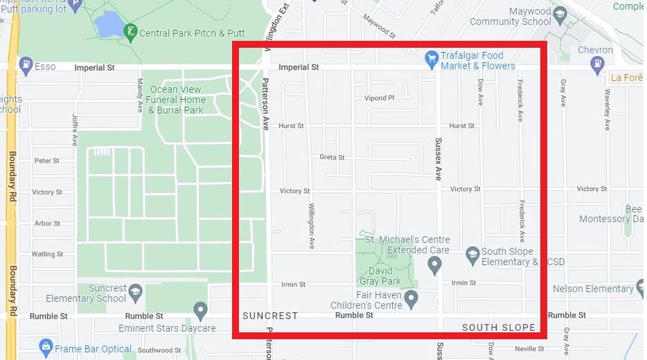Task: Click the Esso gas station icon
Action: (x=26, y=66)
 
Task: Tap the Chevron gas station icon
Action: (x=597, y=64)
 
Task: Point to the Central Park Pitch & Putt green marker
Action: (x=130, y=32)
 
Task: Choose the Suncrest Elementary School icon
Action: (x=135, y=290)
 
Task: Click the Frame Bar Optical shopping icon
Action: (x=46, y=345)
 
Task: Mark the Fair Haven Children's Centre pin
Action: (x=411, y=298)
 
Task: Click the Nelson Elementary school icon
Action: (x=641, y=288)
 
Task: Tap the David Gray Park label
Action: (x=380, y=276)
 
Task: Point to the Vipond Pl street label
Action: (x=379, y=98)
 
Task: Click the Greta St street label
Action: (x=332, y=157)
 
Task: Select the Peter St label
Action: (x=46, y=161)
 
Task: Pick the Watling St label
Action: (x=47, y=254)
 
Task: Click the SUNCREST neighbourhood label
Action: (x=270, y=316)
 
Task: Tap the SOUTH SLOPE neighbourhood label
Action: (x=498, y=327)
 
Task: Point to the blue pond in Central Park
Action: (x=109, y=25)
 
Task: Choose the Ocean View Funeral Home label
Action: (x=176, y=100)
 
